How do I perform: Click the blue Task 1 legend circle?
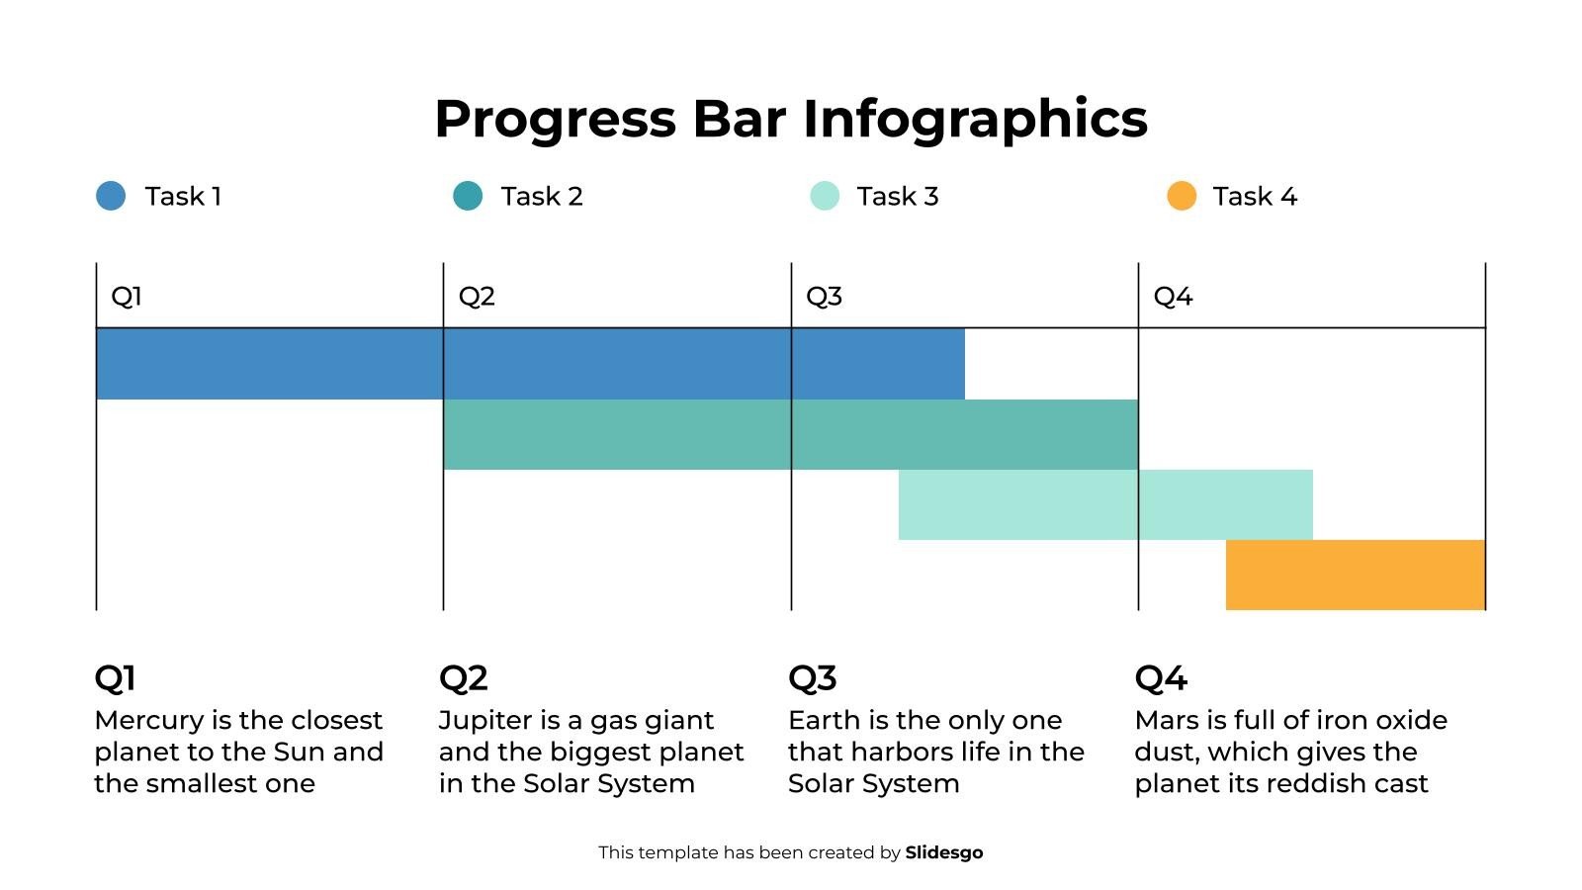(111, 196)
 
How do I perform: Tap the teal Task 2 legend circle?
(468, 196)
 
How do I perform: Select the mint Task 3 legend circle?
(825, 196)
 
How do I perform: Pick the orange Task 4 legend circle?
(1182, 196)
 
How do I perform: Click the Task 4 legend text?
(1254, 196)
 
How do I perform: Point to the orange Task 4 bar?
(1355, 575)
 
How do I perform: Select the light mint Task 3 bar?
(1105, 504)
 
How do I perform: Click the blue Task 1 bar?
(530, 363)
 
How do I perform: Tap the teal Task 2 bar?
(791, 434)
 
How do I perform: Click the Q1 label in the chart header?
(127, 296)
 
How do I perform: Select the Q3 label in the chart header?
(824, 296)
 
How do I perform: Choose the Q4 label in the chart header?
(1173, 296)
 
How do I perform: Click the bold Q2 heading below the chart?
(463, 678)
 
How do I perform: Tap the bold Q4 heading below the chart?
(1161, 678)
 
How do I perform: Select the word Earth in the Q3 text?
(824, 720)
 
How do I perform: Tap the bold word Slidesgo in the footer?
(943, 852)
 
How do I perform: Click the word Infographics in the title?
(975, 120)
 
